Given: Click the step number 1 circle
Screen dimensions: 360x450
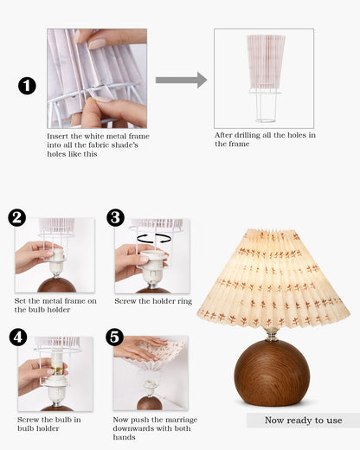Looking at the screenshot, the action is pyautogui.click(x=27, y=86).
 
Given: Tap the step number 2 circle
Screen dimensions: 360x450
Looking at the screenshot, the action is pyautogui.click(x=17, y=217).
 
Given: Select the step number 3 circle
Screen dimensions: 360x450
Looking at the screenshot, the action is pyautogui.click(x=115, y=217).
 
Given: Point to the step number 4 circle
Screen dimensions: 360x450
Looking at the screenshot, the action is pyautogui.click(x=18, y=337).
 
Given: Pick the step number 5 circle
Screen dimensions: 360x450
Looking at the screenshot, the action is pyautogui.click(x=114, y=337).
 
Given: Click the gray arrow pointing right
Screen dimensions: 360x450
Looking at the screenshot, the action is pyautogui.click(x=181, y=80).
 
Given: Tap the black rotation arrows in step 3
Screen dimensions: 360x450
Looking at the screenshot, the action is pyautogui.click(x=154, y=239).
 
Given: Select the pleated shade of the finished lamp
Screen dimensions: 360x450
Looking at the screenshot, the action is pyautogui.click(x=273, y=278).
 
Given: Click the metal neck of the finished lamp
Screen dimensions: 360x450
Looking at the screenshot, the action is pyautogui.click(x=271, y=334).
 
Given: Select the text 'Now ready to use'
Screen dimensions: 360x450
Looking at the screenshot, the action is pyautogui.click(x=304, y=420).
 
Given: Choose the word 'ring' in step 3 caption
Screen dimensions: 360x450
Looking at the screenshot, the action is pyautogui.click(x=185, y=302).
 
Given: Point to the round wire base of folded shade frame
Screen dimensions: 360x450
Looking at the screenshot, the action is pyautogui.click(x=266, y=120).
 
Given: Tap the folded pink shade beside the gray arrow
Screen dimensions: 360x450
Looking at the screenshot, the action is pyautogui.click(x=266, y=61).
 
